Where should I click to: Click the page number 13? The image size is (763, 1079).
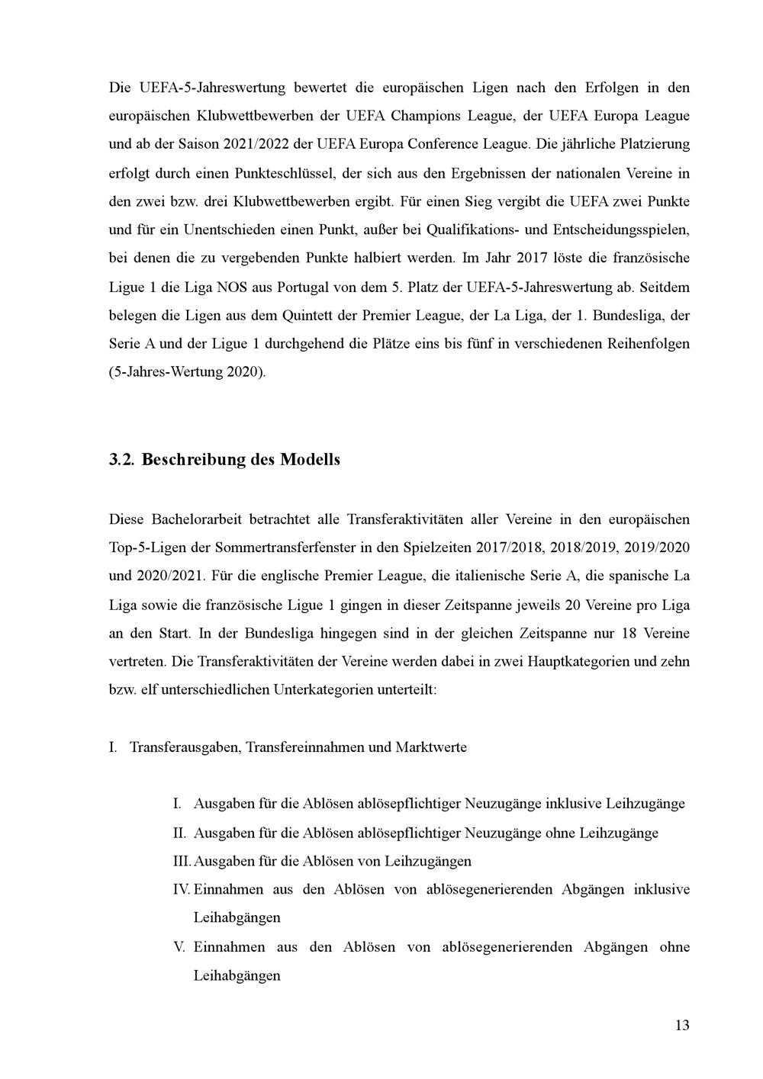point(682,1025)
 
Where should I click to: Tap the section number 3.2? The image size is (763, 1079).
point(122,460)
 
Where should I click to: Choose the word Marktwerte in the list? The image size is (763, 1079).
point(431,747)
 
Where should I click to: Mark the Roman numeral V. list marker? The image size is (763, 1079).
point(180,947)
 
